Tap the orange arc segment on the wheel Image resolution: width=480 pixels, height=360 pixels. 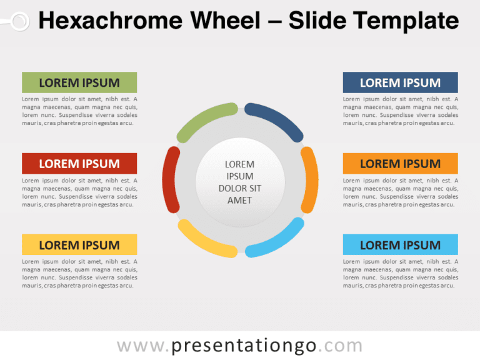(311, 180)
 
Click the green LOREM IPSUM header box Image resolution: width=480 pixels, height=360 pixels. (79, 82)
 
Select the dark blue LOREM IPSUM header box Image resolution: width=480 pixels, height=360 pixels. (401, 82)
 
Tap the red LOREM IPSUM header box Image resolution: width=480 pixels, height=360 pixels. (79, 164)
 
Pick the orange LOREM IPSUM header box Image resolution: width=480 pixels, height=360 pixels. (401, 164)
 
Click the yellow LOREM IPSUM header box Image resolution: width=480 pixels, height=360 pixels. (79, 244)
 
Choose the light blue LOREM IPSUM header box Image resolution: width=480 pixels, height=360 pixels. (401, 244)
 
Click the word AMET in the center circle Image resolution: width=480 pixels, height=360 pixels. (240, 201)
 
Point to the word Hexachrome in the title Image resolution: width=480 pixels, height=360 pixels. (111, 21)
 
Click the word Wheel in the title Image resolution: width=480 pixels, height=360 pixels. (225, 21)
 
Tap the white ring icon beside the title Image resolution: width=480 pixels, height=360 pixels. (19, 21)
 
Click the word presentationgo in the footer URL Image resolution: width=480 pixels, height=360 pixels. (244, 346)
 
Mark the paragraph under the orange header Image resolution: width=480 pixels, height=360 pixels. (401, 192)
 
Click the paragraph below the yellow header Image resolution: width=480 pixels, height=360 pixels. (79, 274)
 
